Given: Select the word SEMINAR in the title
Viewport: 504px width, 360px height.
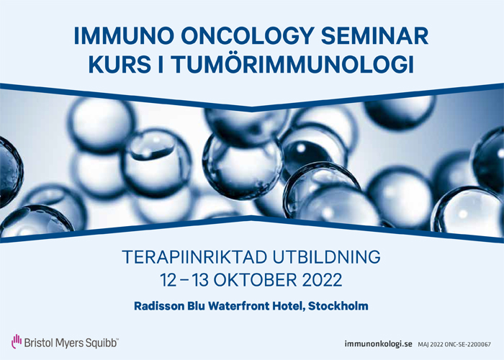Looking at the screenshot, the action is (x=375, y=36).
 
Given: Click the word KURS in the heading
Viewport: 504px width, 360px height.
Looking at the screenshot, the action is (x=120, y=64).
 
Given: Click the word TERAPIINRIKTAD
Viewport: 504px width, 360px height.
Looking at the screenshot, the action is (x=194, y=257).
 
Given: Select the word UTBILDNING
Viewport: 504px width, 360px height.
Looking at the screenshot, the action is (x=327, y=257).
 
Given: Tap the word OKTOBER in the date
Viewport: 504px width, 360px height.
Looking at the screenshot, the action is (x=255, y=280).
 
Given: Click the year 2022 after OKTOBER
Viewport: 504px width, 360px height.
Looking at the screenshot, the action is (x=322, y=280).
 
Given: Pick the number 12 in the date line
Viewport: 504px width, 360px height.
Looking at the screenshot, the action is (x=168, y=280).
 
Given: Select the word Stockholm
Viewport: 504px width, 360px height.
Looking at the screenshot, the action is (x=338, y=306).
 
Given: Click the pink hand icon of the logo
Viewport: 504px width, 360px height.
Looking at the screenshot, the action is (x=17, y=341).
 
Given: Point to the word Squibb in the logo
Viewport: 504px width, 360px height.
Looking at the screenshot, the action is (x=100, y=343).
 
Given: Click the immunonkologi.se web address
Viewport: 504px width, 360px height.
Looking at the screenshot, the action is (x=378, y=344).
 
